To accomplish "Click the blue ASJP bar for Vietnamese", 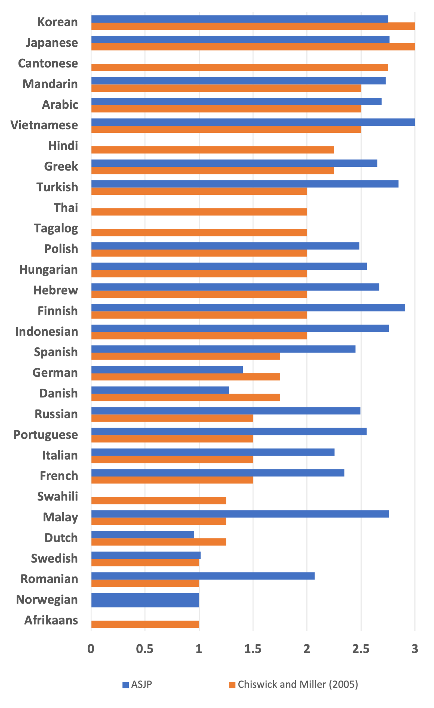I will coord(253,122).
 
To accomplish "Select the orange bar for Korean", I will coord(253,26).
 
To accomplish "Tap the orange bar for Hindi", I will coord(213,150).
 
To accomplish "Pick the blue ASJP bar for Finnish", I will coord(248,308).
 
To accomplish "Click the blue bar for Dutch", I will coord(143,535).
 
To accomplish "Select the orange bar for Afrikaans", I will coord(145,624).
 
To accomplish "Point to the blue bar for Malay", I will coord(240,514).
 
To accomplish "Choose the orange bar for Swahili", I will coord(159,500).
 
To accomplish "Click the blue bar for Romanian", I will coord(203,576).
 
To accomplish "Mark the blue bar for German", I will coord(167,370).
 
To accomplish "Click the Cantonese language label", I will coord(48,63).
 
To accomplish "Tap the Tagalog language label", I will coord(56,228).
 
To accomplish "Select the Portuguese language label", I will coord(46,435).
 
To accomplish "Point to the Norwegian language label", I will coord(47,600).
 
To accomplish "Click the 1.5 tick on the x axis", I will coord(253,649).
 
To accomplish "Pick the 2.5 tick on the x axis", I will coord(361,649).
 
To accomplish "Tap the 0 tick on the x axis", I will coord(91,649).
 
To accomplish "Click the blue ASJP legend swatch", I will coord(125,685).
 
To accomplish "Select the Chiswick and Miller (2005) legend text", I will coord(298,684).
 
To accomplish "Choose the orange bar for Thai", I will coord(199,212).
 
